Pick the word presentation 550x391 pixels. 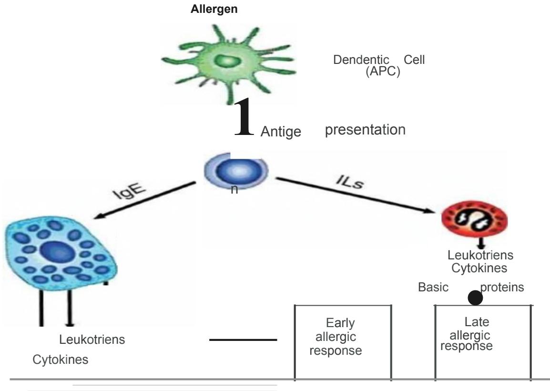point(365,130)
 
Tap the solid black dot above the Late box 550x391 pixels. point(475,298)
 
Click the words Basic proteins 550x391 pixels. point(471,288)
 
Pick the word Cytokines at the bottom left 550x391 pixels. point(60,360)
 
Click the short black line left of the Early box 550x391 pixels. point(243,340)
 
